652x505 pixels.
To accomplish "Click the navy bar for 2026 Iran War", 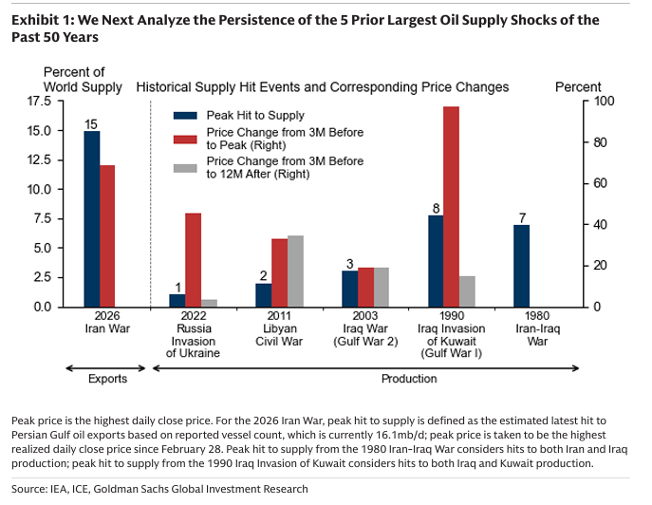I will [91, 218].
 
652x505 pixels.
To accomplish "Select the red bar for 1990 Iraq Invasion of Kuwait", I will [451, 206].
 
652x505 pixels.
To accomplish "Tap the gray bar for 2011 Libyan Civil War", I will [296, 271].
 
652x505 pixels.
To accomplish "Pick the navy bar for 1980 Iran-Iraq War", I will [521, 266].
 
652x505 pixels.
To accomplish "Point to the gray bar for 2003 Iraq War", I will [382, 287].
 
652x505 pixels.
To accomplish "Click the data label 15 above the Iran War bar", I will [91, 124].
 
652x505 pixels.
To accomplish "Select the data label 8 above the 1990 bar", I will [436, 208].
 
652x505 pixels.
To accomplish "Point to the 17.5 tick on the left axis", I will [39, 101].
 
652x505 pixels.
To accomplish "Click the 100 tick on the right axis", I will [604, 101].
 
